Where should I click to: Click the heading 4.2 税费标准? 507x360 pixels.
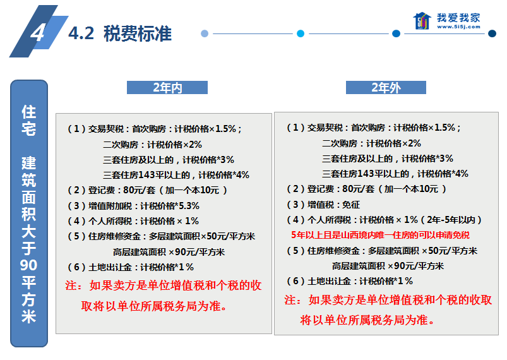point(120,33)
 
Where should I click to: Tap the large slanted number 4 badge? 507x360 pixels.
point(38,32)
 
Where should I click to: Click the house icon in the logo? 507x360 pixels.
point(422,21)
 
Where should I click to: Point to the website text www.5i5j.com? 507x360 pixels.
point(458,27)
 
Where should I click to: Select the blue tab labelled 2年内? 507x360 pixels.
point(167,88)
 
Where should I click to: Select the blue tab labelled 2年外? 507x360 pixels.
point(386,88)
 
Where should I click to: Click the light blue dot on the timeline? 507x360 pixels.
point(205,33)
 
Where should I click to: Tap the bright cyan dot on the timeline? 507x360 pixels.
point(301,33)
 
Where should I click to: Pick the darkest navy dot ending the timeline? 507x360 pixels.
point(492,33)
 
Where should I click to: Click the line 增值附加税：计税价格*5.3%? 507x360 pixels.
point(133,206)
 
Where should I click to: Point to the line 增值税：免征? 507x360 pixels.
point(323,205)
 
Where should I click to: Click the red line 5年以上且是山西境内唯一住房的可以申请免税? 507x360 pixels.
point(380,235)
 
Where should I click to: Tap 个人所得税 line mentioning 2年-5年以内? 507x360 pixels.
point(384,220)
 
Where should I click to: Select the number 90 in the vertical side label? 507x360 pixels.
point(29,265)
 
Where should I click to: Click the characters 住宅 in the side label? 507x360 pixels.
point(29,120)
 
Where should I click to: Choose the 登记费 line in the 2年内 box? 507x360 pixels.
point(147,190)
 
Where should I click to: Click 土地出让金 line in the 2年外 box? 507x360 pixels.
point(350,281)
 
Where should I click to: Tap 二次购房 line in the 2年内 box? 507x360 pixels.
point(152,145)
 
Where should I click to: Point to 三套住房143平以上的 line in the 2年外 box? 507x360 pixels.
point(395,174)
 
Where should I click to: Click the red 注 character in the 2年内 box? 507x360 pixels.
point(71,285)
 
